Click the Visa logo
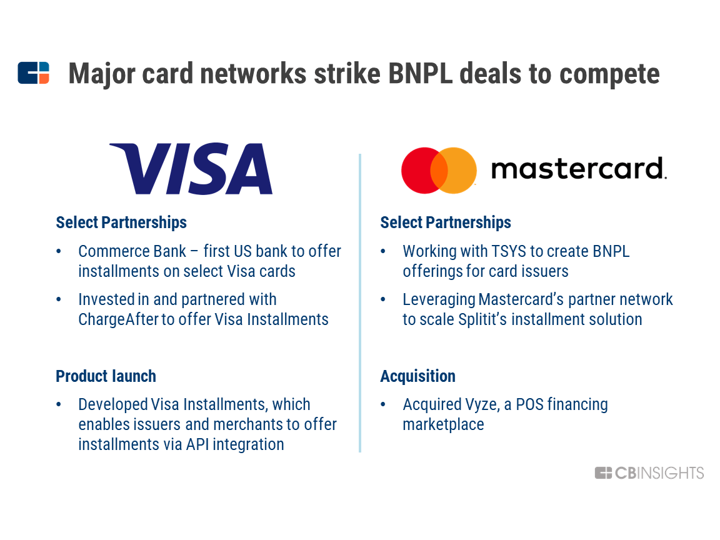click(191, 169)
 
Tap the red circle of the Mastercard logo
click(420, 171)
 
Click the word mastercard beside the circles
click(579, 169)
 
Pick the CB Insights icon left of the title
click(34, 73)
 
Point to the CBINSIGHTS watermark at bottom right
click(649, 473)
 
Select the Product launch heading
click(106, 376)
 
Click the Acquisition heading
click(418, 376)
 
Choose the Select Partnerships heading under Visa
click(121, 222)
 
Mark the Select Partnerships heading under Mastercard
click(446, 222)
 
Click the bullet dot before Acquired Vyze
click(383, 404)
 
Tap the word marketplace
click(443, 425)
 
